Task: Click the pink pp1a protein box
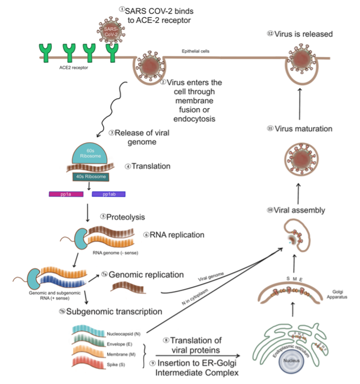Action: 64,195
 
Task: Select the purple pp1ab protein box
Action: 109,195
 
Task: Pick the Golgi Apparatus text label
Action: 338,295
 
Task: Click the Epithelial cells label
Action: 196,51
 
